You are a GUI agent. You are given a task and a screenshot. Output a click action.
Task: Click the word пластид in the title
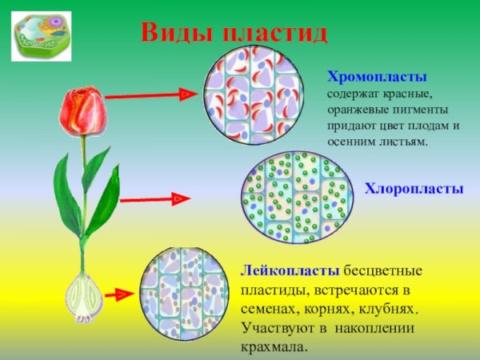[x=276, y=33]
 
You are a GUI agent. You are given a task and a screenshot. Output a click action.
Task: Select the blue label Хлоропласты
[x=414, y=189]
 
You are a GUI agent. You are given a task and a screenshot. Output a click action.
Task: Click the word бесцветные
[x=383, y=270]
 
